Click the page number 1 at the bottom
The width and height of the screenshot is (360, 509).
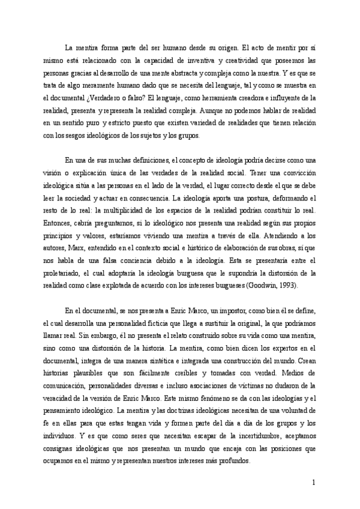[314, 481]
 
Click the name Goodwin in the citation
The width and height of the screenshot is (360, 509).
[263, 286]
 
